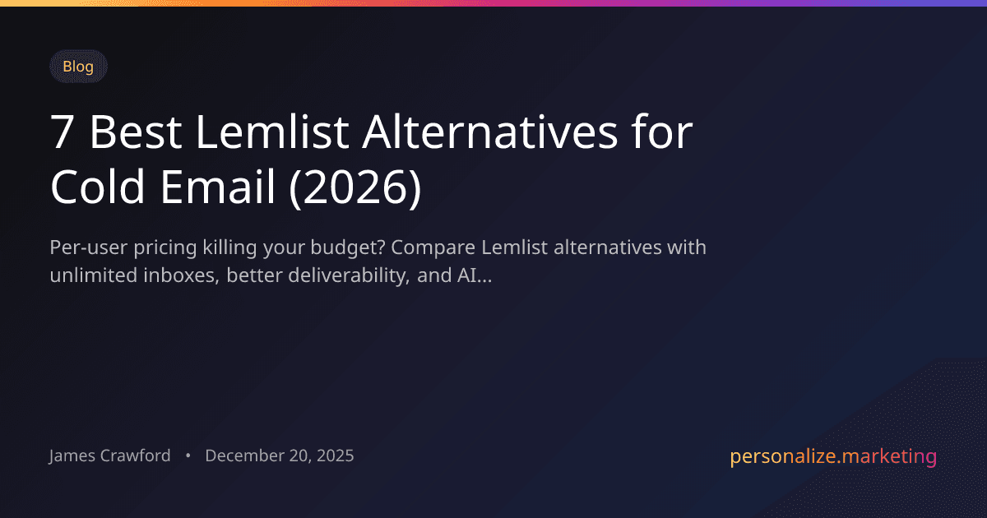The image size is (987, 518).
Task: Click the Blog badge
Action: pyautogui.click(x=78, y=67)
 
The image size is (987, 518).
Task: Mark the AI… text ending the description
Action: pyautogui.click(x=474, y=275)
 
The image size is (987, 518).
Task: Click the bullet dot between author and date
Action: pyautogui.click(x=188, y=456)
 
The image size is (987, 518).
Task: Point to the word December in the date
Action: pyautogui.click(x=243, y=456)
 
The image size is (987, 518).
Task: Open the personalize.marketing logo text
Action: pyautogui.click(x=832, y=456)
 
